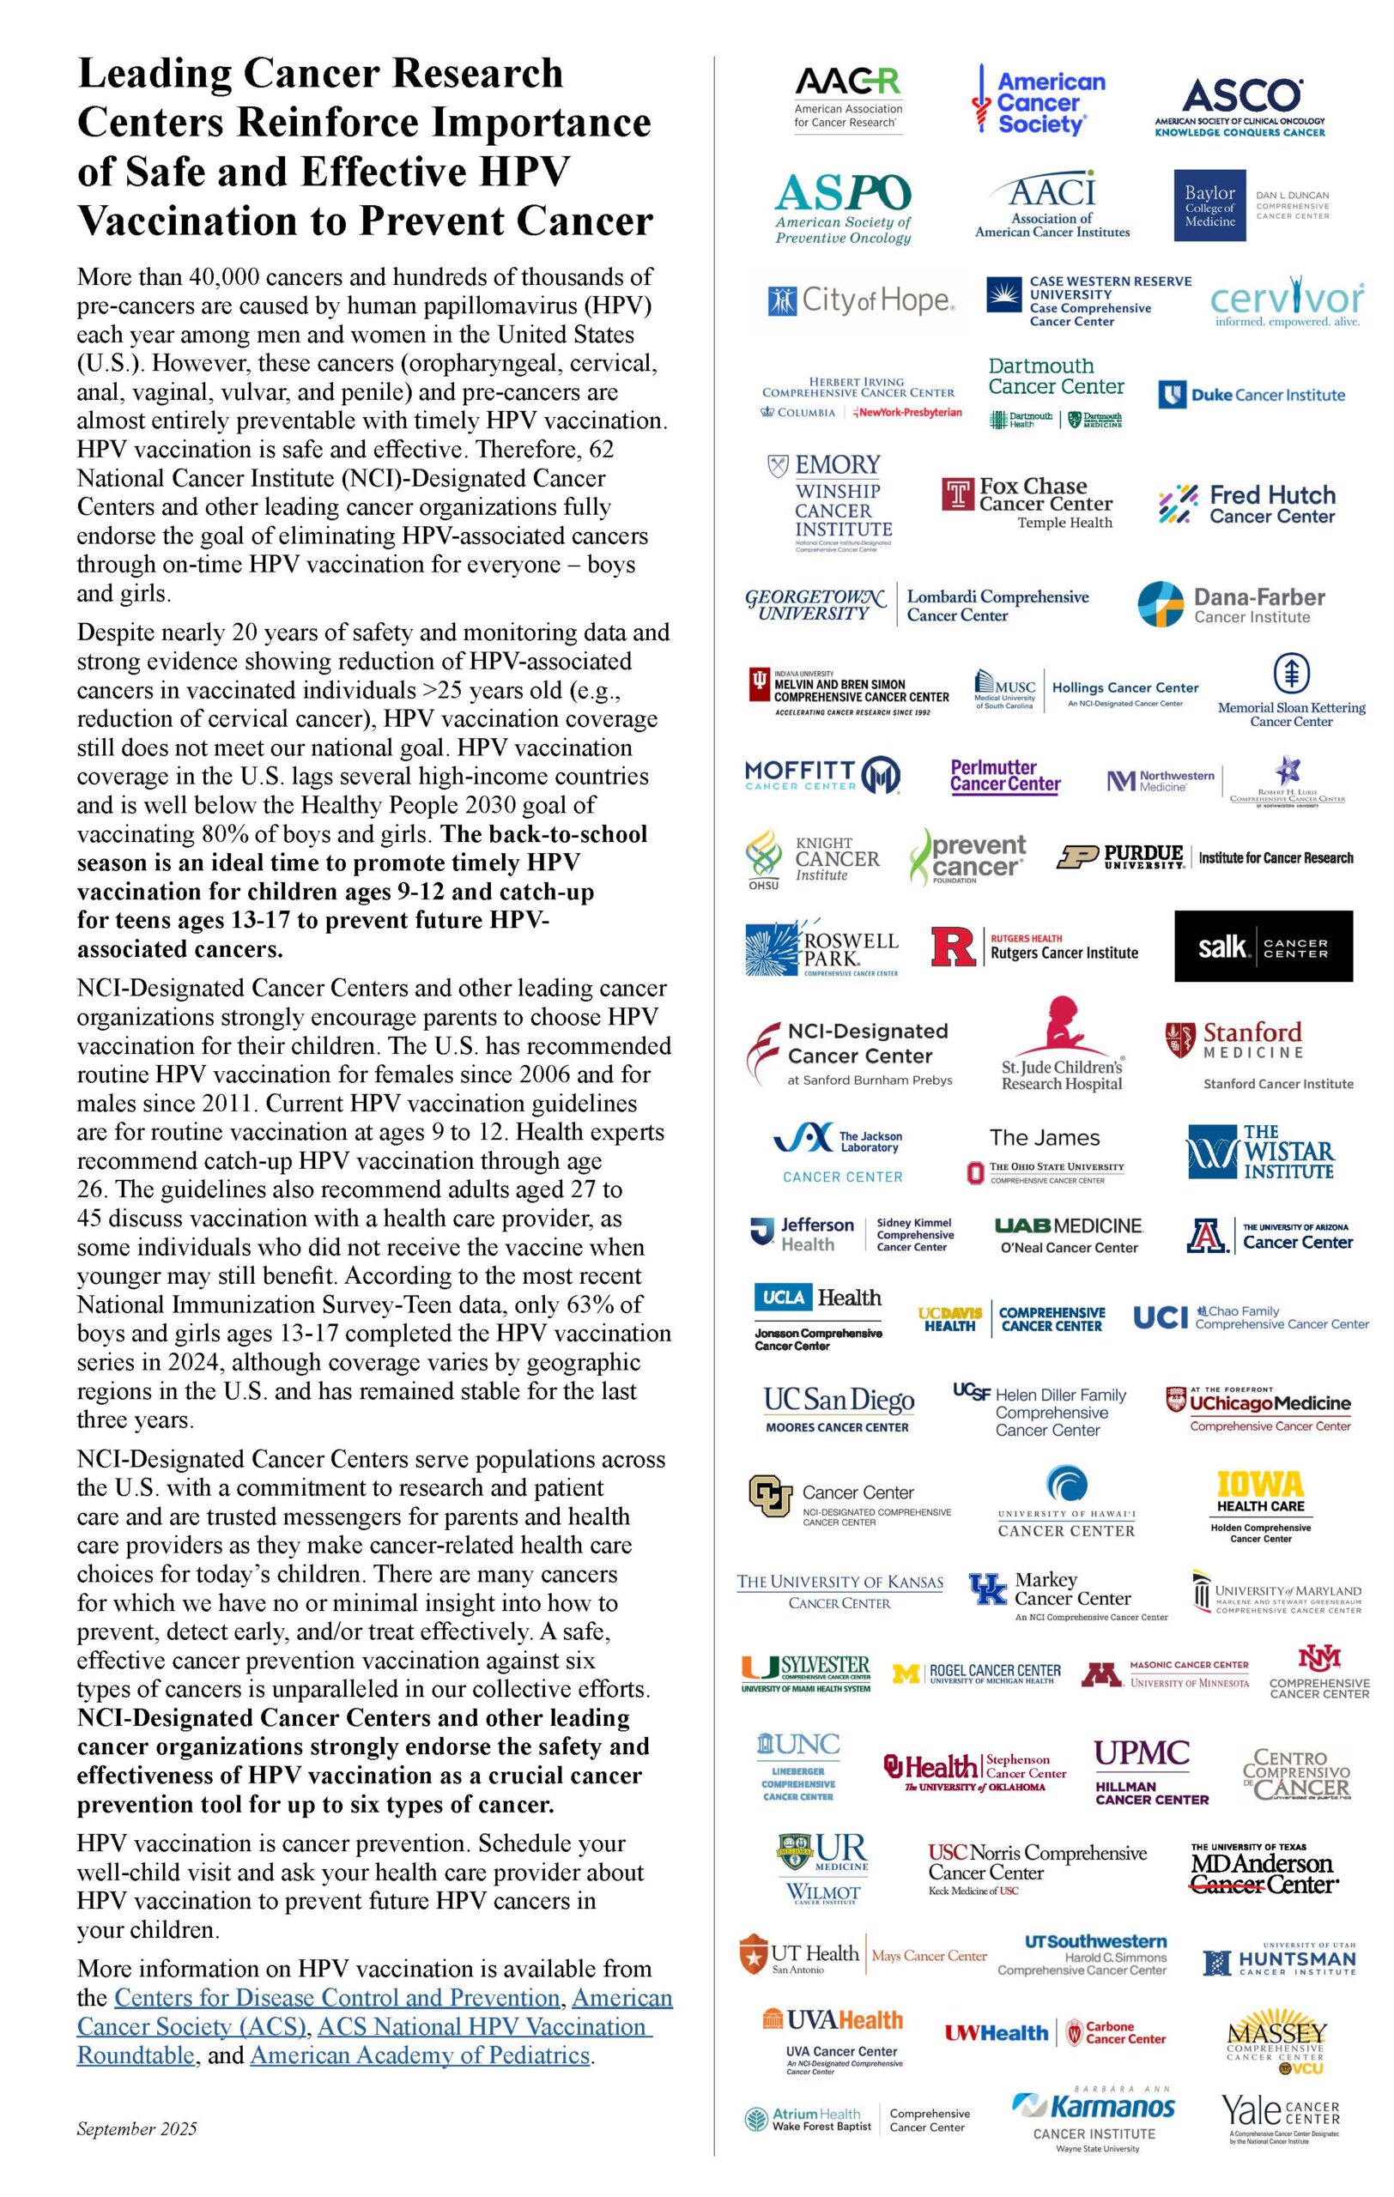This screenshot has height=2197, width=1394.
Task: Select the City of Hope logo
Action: coord(861,300)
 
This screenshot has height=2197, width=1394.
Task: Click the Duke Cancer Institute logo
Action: coord(1252,395)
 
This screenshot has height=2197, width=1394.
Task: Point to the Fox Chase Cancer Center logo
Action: coord(1028,501)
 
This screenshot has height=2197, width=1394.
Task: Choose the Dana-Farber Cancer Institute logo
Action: coord(1231,605)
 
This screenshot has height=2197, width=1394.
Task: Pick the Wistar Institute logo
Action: coord(1260,1153)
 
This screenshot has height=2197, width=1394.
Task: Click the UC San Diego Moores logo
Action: coord(839,1408)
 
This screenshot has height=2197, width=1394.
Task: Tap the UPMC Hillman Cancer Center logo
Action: coord(1150,1773)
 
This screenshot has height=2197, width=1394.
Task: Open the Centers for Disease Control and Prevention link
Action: coord(336,1998)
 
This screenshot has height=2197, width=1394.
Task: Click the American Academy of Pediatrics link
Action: coord(420,2055)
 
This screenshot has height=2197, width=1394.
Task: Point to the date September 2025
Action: coord(136,2129)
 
